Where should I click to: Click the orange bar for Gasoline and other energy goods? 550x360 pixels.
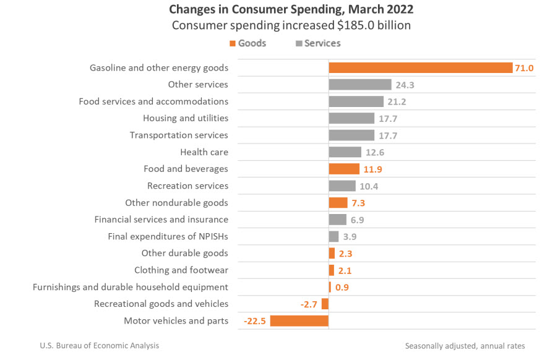pos(420,67)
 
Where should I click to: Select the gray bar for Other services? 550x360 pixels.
pos(359,85)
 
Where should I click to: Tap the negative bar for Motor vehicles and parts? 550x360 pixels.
pos(299,320)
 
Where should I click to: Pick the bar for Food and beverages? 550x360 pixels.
pos(343,169)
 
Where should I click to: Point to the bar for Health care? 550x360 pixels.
pos(345,152)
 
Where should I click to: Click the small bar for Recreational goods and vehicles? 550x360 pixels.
pos(325,304)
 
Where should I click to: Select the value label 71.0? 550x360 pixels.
pos(524,68)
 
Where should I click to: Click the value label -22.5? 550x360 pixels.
pos(255,321)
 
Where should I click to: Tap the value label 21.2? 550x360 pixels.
pos(396,101)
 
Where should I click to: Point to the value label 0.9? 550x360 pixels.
pos(342,287)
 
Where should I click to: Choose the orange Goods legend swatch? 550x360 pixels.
pos(233,43)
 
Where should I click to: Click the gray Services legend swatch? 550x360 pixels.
pos(299,43)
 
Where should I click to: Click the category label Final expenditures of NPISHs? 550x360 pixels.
pos(168,236)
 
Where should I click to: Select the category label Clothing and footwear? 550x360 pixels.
pos(181,270)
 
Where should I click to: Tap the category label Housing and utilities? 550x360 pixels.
pos(186,118)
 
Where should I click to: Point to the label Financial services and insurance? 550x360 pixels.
pos(161,220)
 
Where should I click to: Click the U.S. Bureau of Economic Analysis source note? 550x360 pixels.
pos(99,346)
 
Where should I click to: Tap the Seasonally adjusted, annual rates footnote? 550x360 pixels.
pos(465,346)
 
